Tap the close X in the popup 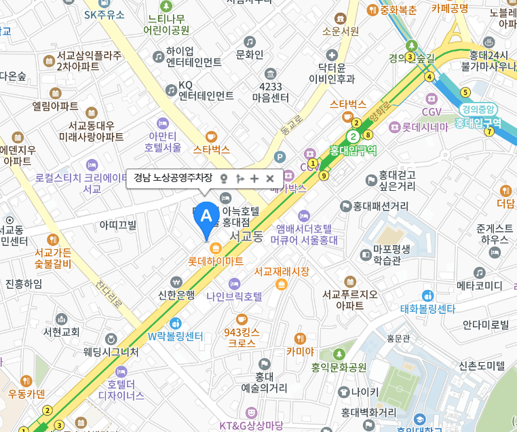270,179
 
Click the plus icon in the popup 254,179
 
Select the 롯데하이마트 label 216,260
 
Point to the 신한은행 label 176,294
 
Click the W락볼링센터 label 176,336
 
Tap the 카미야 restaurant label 300,350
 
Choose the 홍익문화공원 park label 339,367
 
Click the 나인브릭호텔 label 234,296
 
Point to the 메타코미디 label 479,285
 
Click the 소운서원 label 341,31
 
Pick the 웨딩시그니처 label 111,352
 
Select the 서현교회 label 62,331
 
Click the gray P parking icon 279,157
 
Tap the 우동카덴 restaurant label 26,393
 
